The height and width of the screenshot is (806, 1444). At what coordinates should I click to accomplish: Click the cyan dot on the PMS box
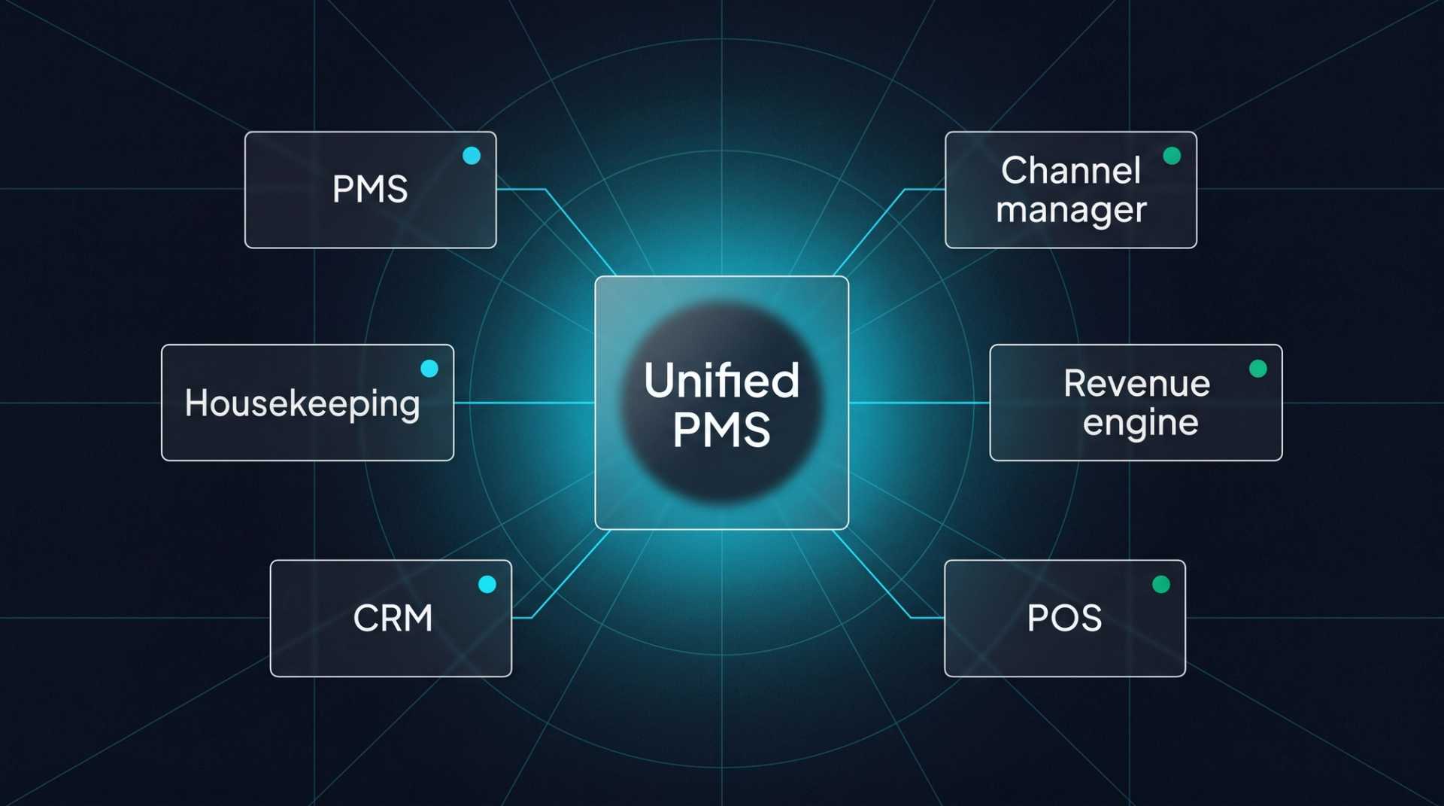click(472, 156)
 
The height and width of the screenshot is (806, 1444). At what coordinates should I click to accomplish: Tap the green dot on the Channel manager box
click(1172, 156)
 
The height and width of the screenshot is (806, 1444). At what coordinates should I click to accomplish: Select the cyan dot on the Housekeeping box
click(429, 368)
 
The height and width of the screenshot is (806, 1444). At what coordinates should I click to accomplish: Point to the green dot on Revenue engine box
click(1257, 368)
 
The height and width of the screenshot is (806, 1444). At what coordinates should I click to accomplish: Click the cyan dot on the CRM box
click(487, 584)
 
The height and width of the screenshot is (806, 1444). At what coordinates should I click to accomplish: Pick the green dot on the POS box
click(1161, 584)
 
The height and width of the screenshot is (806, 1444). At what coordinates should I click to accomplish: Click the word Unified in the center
click(721, 380)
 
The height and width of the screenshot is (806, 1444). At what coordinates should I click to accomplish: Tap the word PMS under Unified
click(721, 430)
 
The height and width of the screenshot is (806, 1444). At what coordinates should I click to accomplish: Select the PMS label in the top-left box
click(370, 189)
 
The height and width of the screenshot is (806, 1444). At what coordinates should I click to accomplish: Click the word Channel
click(1070, 171)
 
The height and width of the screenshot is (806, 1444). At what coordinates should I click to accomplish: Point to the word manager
click(1071, 210)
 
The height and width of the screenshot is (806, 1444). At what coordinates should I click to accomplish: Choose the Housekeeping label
click(302, 403)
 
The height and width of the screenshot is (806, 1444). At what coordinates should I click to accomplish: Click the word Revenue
click(1136, 384)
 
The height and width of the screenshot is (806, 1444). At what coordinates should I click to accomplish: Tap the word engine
click(1140, 423)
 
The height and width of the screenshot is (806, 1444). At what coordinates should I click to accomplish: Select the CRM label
click(393, 618)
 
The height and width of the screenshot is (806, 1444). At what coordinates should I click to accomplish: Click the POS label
click(1064, 618)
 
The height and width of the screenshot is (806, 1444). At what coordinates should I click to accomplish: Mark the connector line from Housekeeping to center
click(524, 403)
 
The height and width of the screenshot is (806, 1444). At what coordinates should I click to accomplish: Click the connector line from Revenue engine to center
click(919, 403)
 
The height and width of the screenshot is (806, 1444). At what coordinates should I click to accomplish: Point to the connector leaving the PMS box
click(520, 189)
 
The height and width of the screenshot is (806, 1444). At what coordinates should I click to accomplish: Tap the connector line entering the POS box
click(927, 618)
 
